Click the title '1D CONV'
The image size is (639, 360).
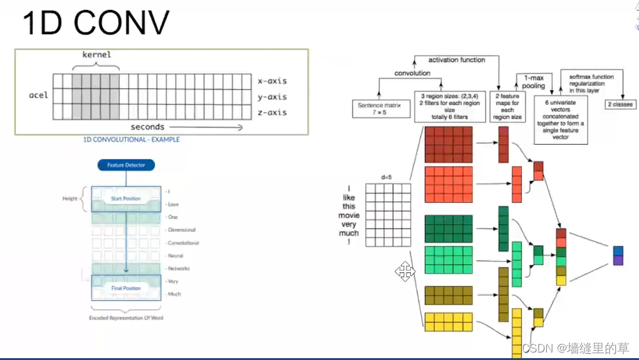coord(96,23)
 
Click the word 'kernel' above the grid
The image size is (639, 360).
coord(96,54)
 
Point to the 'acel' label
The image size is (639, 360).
coord(38,95)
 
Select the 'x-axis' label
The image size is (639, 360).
coord(272,81)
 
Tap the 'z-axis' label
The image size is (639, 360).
coord(272,112)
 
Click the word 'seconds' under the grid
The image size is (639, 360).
coord(147,126)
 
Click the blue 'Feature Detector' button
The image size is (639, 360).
coord(126,165)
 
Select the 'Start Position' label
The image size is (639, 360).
coord(126,198)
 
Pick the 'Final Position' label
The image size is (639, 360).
coord(126,288)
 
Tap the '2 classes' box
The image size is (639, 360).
coord(620,105)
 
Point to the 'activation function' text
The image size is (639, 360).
coord(456,60)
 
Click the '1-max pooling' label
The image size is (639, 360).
coord(534,81)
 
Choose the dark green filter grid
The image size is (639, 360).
coord(448,228)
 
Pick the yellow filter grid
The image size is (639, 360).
coord(448,322)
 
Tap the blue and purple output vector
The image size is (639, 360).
coord(618,255)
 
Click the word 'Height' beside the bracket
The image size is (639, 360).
coord(70,198)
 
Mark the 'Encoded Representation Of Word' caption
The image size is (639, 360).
coord(126,318)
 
